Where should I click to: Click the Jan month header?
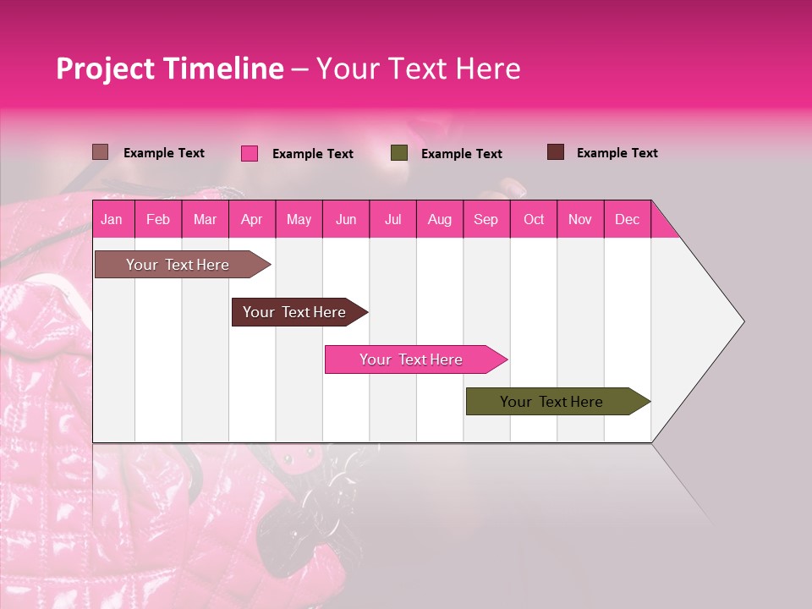pos(112,219)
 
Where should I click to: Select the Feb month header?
pos(158,219)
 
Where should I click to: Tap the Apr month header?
pos(251,219)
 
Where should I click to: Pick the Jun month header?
pos(346,219)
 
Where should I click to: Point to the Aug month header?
pos(439,219)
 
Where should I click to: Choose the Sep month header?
pos(486,219)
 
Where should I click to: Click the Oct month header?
pos(534,219)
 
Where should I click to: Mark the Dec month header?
pos(627,219)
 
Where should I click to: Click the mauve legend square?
pos(100,152)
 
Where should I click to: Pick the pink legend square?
pos(249,153)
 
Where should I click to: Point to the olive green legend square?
pos(399,153)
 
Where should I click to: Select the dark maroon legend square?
pos(555,152)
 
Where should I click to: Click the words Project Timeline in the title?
pos(169,69)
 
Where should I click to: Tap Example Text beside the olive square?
pos(461,154)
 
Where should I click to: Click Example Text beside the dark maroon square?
pos(617,153)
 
